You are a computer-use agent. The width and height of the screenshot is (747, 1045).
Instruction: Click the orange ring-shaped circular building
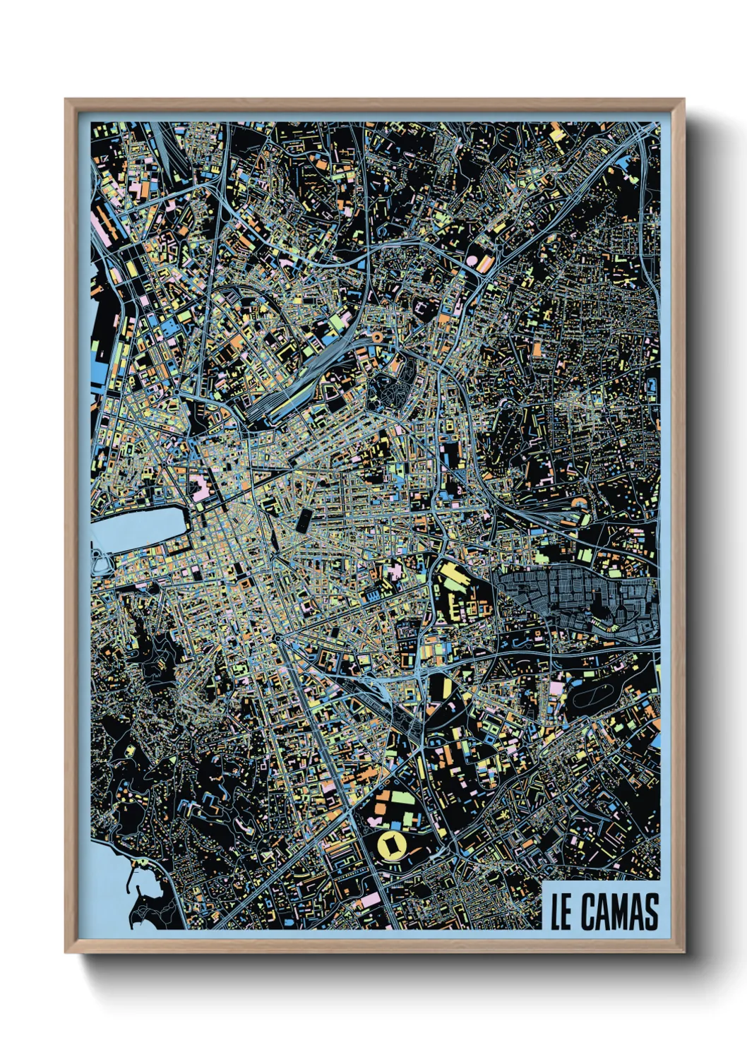point(377,338)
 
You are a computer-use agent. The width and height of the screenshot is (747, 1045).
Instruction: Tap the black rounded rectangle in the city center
point(304,520)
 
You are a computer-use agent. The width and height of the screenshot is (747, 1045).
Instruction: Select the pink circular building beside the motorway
point(471,261)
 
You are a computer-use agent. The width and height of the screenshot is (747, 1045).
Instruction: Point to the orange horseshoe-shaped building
point(579,502)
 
